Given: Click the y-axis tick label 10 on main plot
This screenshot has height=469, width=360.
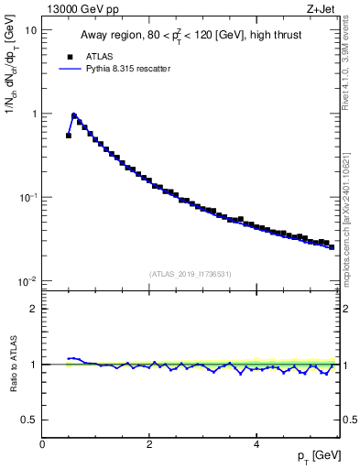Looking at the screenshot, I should pyautogui.click(x=30, y=29).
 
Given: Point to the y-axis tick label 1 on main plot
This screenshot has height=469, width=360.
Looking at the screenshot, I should pyautogui.click(x=33, y=114).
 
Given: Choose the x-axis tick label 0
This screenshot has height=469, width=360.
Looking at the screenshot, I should pyautogui.click(x=42, y=444).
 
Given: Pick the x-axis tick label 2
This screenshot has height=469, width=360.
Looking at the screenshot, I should pyautogui.click(x=149, y=444).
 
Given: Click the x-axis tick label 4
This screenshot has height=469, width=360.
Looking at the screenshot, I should pyautogui.click(x=256, y=444).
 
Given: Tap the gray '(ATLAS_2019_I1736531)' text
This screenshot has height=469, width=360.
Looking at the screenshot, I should pyautogui.click(x=191, y=273).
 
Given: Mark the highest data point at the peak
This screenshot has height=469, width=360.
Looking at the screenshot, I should pyautogui.click(x=74, y=116).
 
